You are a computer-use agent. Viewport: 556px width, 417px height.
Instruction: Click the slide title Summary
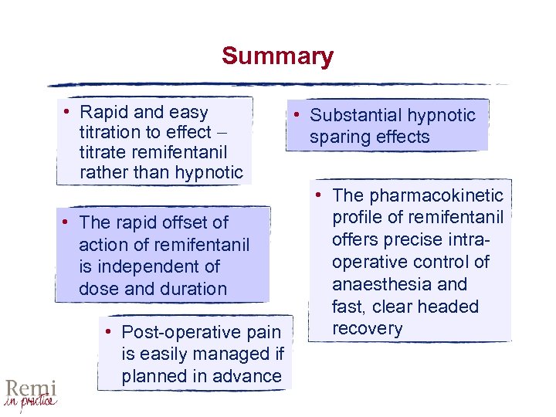pos(277,56)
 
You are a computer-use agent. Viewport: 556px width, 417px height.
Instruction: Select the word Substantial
pos(357,116)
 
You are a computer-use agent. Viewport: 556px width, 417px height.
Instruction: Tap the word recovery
pos(367,329)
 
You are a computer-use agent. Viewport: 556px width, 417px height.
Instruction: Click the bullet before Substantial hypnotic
pos(297,115)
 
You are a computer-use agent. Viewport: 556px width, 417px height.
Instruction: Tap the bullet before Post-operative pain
pos(110,332)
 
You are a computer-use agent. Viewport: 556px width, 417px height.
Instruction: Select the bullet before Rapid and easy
pos(67,110)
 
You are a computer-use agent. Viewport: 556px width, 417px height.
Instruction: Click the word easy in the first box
pos(188,112)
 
